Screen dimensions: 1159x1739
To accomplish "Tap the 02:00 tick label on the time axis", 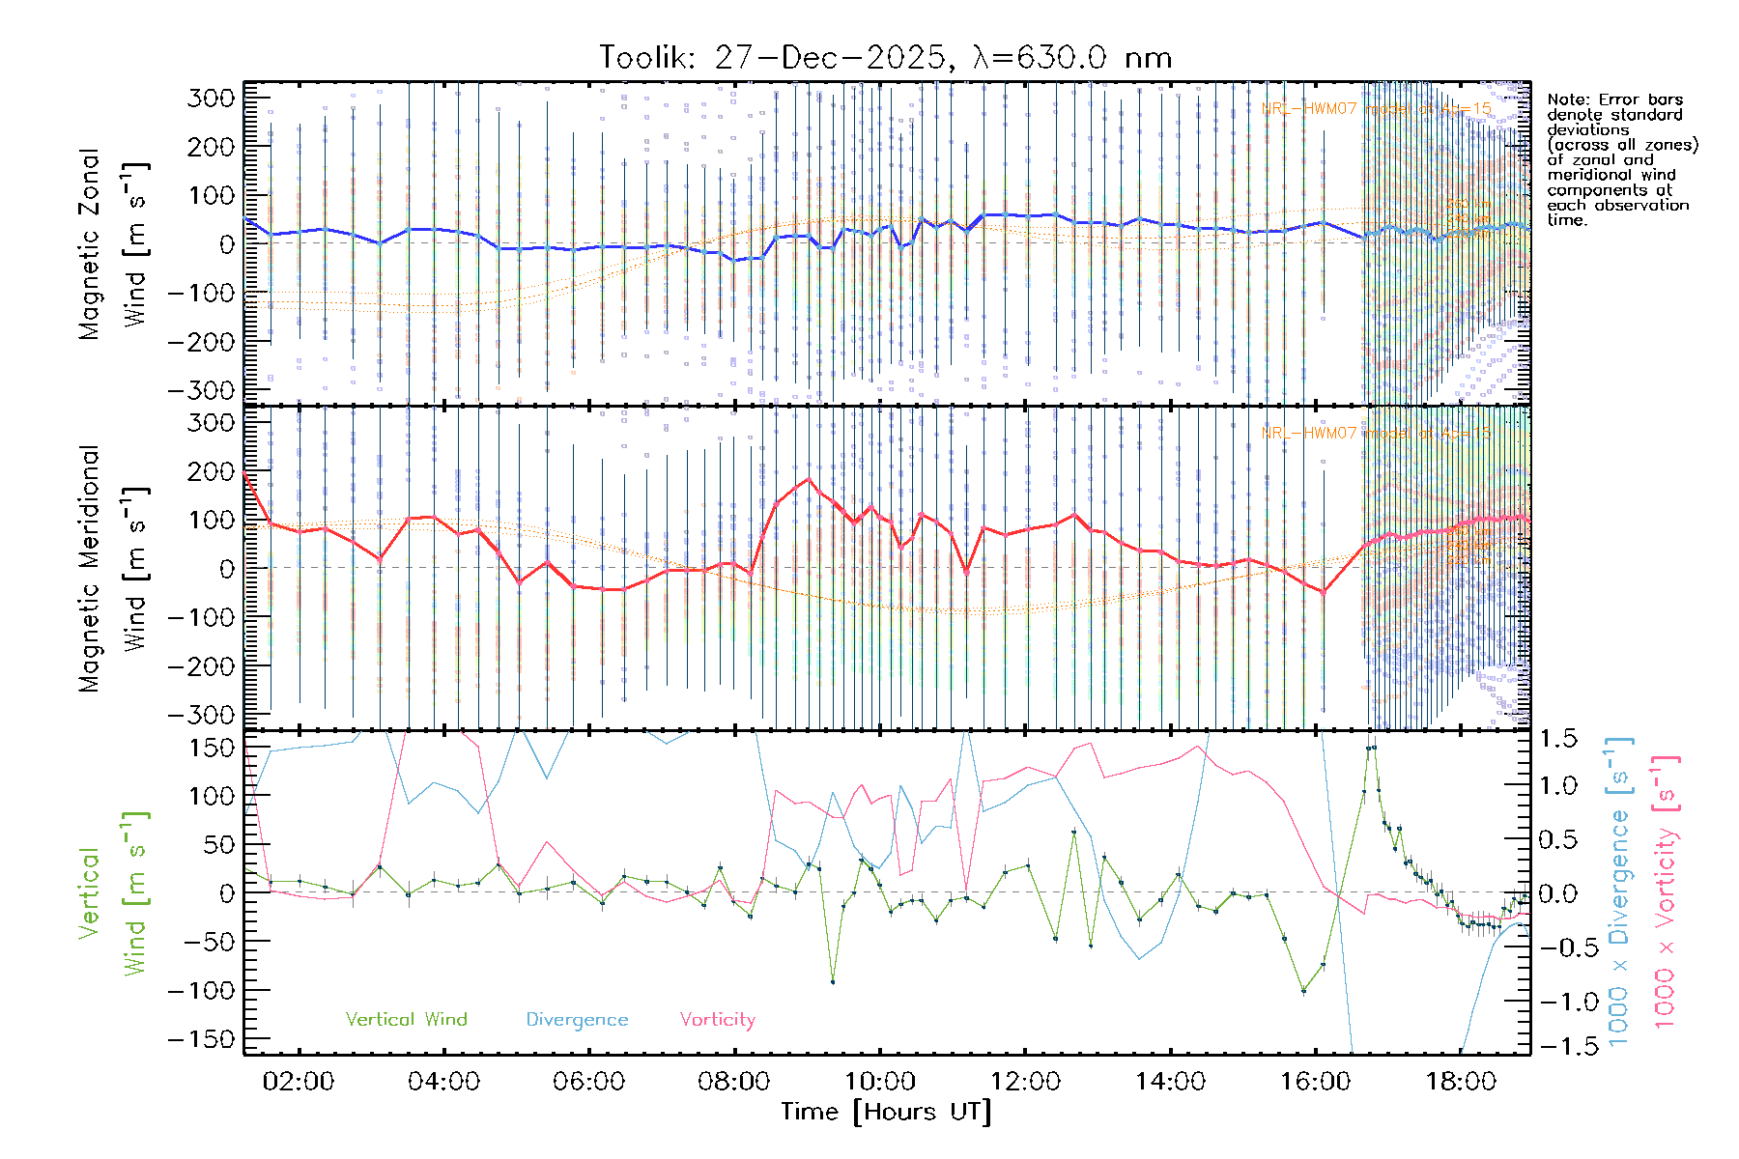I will (x=299, y=1082).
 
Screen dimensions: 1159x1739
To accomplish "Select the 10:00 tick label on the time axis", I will (x=880, y=1082).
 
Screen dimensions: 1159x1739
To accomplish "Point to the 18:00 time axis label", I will (x=1461, y=1082).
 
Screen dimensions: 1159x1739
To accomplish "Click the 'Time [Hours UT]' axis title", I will (x=886, y=1113).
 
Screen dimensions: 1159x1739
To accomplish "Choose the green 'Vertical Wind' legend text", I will (x=406, y=1020).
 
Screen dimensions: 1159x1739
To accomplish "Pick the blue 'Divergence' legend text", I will (x=577, y=1020).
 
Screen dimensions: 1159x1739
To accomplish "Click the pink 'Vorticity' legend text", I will (x=717, y=1020).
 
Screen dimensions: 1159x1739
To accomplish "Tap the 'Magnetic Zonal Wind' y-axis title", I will (x=113, y=243).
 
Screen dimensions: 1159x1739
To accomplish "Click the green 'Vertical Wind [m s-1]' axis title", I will (x=113, y=892).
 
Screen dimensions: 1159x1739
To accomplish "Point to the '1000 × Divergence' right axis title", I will (x=1619, y=892).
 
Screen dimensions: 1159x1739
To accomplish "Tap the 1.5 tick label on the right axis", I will (x=1557, y=739).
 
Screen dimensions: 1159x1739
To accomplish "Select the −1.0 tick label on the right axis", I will (x=1557, y=1002).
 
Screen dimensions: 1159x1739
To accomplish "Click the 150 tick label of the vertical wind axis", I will (x=213, y=748).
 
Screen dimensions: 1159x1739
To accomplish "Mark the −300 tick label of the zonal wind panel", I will (x=201, y=390).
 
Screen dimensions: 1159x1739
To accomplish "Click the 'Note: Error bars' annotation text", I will (x=1614, y=100).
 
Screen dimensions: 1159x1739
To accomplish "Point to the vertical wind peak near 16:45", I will (x=1371, y=748).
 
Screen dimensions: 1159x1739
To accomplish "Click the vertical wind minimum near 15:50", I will (x=1303, y=991).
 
